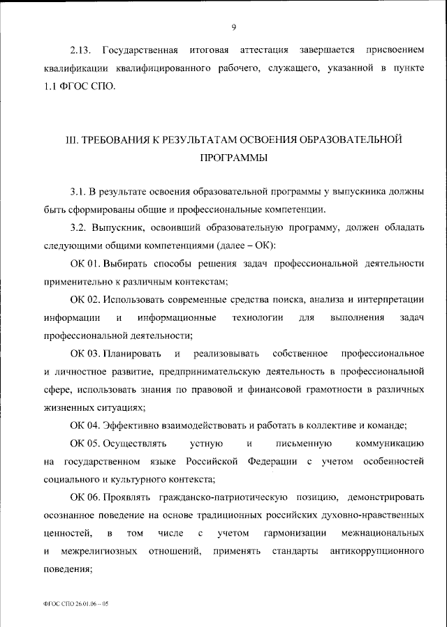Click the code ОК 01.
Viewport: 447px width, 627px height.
(86, 264)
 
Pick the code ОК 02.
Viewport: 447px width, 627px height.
(86, 300)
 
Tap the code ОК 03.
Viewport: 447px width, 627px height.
(86, 354)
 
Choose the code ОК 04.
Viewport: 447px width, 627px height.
(86, 426)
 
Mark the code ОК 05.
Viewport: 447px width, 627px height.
(86, 444)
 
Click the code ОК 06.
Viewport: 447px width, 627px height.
(86, 498)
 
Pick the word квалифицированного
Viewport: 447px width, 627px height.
(168, 69)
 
